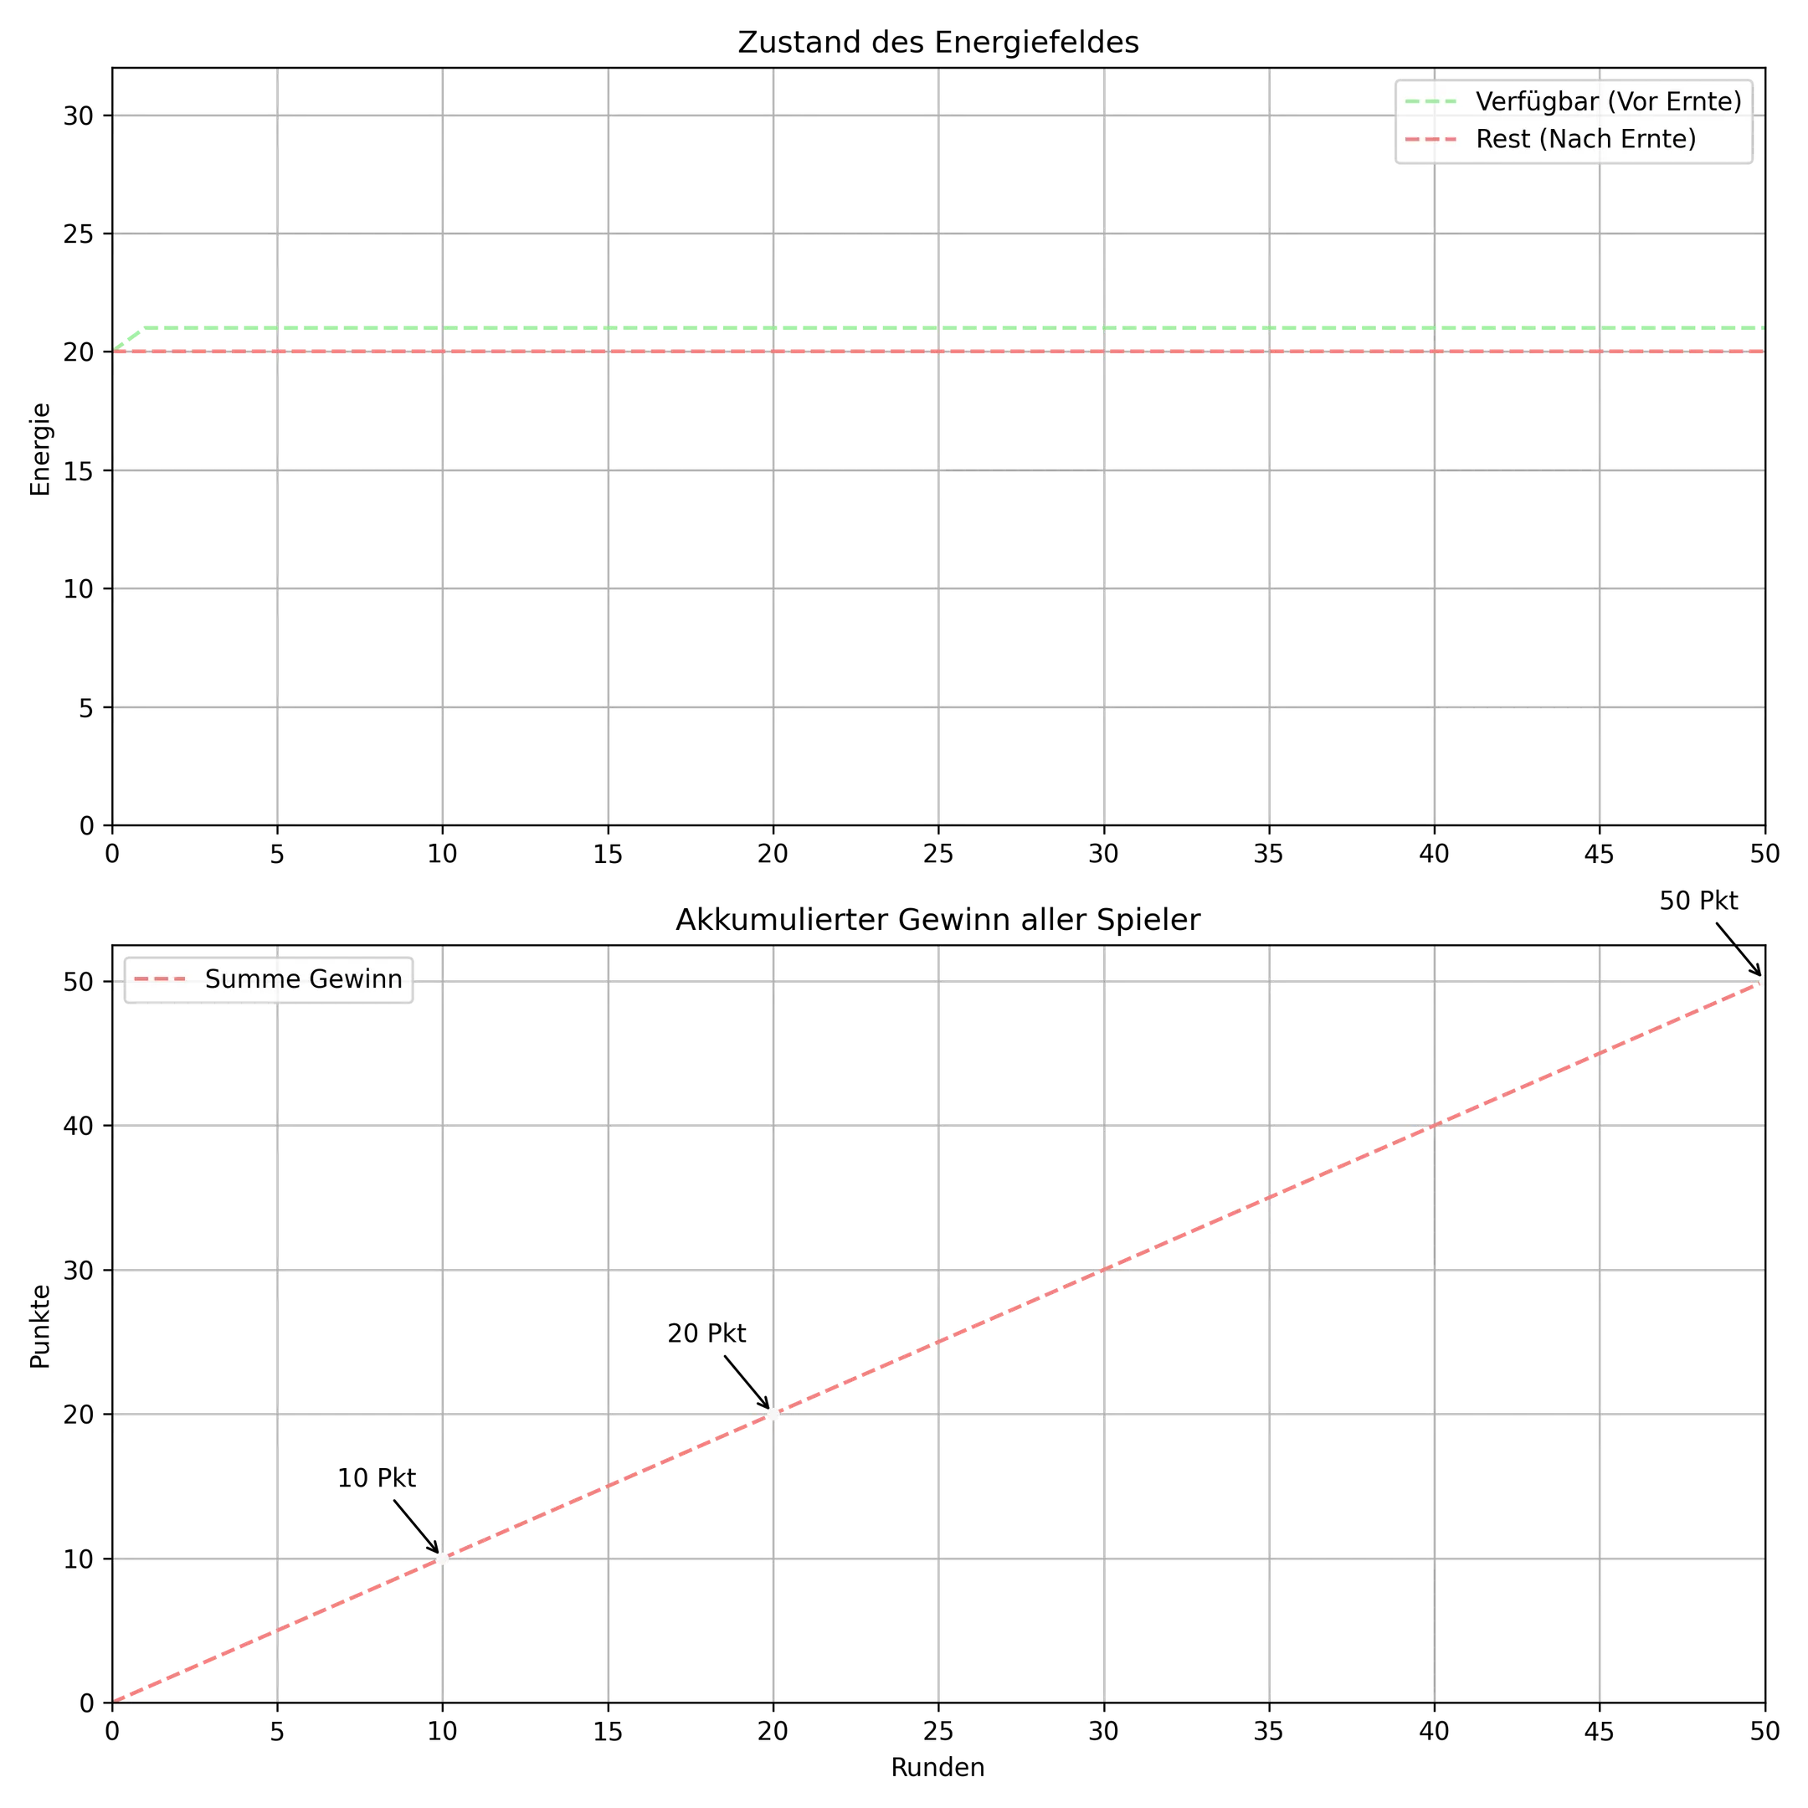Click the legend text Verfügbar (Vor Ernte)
coord(1608,101)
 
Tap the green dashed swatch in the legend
coord(1430,101)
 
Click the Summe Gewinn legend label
coord(303,978)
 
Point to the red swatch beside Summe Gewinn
coord(160,978)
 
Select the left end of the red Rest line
coord(116,352)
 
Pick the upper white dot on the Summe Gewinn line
coord(773,1412)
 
